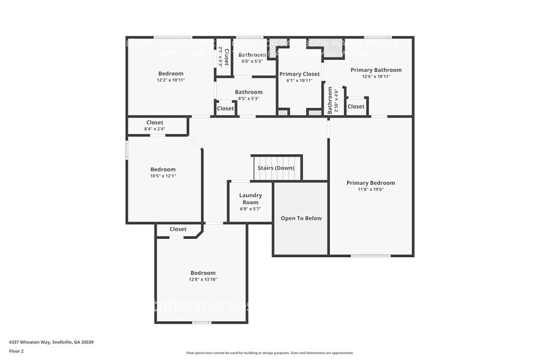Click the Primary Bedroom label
370,182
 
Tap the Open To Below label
301,218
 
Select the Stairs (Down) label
276,168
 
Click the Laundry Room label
250,198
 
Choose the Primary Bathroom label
376,70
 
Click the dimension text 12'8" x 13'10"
203,279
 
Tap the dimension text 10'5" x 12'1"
163,176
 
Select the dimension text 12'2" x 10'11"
171,80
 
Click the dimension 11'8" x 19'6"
370,189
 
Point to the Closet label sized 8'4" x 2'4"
155,122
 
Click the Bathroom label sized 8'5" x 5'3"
249,92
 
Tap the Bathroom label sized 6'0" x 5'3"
252,55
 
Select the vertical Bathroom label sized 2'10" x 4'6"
330,100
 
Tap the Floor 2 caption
17,351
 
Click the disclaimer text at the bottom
269,353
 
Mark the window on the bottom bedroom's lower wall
202,323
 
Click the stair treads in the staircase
277,174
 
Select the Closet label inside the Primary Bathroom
356,106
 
